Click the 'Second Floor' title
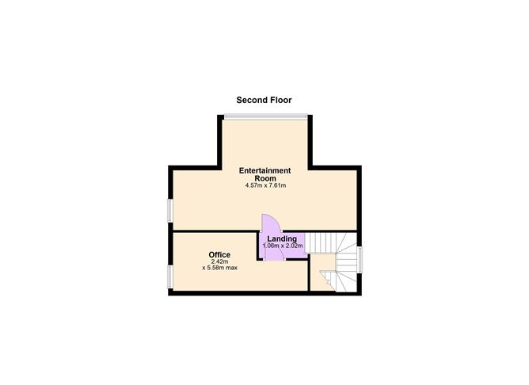264,101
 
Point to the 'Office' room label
219,254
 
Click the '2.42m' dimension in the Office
219,261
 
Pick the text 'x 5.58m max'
219,268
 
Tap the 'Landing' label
282,238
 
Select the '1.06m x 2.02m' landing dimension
282,246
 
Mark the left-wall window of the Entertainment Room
169,210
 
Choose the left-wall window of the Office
169,277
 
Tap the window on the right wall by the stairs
360,259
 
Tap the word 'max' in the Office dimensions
230,268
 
